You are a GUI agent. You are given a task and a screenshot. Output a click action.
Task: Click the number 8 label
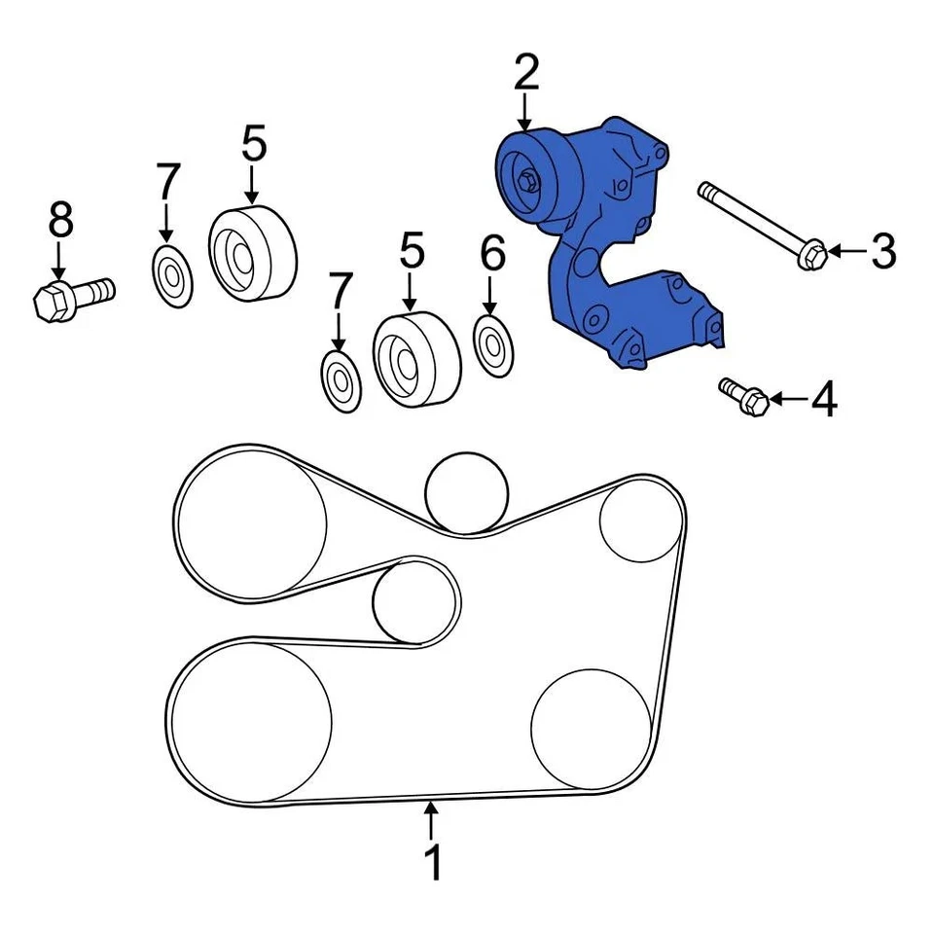[60, 221]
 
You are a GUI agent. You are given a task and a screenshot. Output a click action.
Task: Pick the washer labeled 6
[493, 343]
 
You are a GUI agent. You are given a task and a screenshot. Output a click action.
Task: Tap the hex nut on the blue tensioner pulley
[527, 181]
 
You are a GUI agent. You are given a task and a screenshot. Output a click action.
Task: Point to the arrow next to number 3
[846, 252]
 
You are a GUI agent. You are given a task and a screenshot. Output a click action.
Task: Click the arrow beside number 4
[790, 398]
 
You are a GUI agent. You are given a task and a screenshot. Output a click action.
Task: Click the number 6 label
[493, 254]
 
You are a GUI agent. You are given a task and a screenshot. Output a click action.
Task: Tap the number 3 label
[881, 252]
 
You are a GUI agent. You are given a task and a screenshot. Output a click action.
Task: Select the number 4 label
[824, 399]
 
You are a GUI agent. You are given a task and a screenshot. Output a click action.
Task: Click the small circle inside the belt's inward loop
[416, 601]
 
